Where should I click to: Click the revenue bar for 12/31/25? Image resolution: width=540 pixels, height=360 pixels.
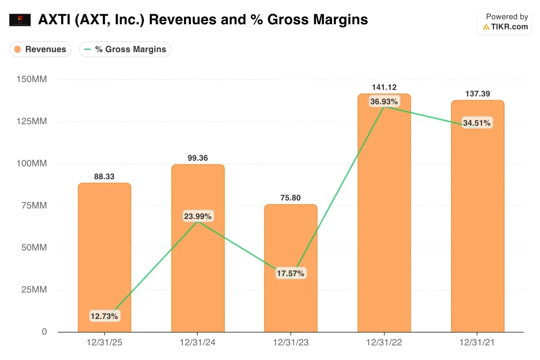coord(104,253)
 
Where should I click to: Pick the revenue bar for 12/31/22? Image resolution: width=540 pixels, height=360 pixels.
coord(384,221)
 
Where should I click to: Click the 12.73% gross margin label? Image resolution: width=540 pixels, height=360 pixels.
coord(104,316)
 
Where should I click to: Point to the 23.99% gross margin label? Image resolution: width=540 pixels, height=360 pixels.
coord(198,216)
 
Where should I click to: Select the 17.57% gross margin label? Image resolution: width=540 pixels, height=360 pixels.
coord(291,274)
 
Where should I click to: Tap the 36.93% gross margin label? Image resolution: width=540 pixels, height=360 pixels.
coord(384,101)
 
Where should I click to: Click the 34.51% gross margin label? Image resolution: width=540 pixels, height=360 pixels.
coord(477,123)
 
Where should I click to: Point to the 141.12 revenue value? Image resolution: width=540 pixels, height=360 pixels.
coord(384,87)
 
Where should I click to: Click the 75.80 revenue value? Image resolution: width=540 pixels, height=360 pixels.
coord(291,198)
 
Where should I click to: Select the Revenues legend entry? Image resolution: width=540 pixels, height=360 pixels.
coord(40,50)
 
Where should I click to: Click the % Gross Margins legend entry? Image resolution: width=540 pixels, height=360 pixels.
coord(126,50)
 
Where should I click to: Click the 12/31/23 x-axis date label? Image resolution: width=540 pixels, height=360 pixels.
coord(291,342)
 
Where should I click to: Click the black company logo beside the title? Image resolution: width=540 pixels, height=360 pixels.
coord(20,20)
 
